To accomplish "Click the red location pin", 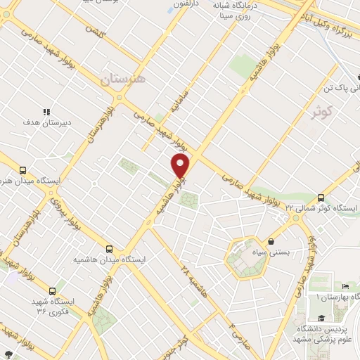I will pos(181,167).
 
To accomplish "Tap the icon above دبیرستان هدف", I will pos(47,111).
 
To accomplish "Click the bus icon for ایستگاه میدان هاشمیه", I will pos(108,248).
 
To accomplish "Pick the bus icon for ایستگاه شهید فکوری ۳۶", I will pos(51,290).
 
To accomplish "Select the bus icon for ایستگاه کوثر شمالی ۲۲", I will pos(321,198).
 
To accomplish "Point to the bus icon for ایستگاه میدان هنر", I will pos(22,170).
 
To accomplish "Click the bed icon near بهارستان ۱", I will pos(345,286).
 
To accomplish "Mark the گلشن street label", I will pos(94,31).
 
